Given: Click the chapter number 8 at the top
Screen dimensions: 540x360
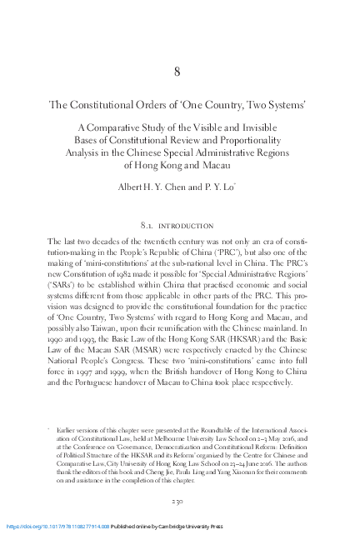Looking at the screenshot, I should click(x=177, y=71).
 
